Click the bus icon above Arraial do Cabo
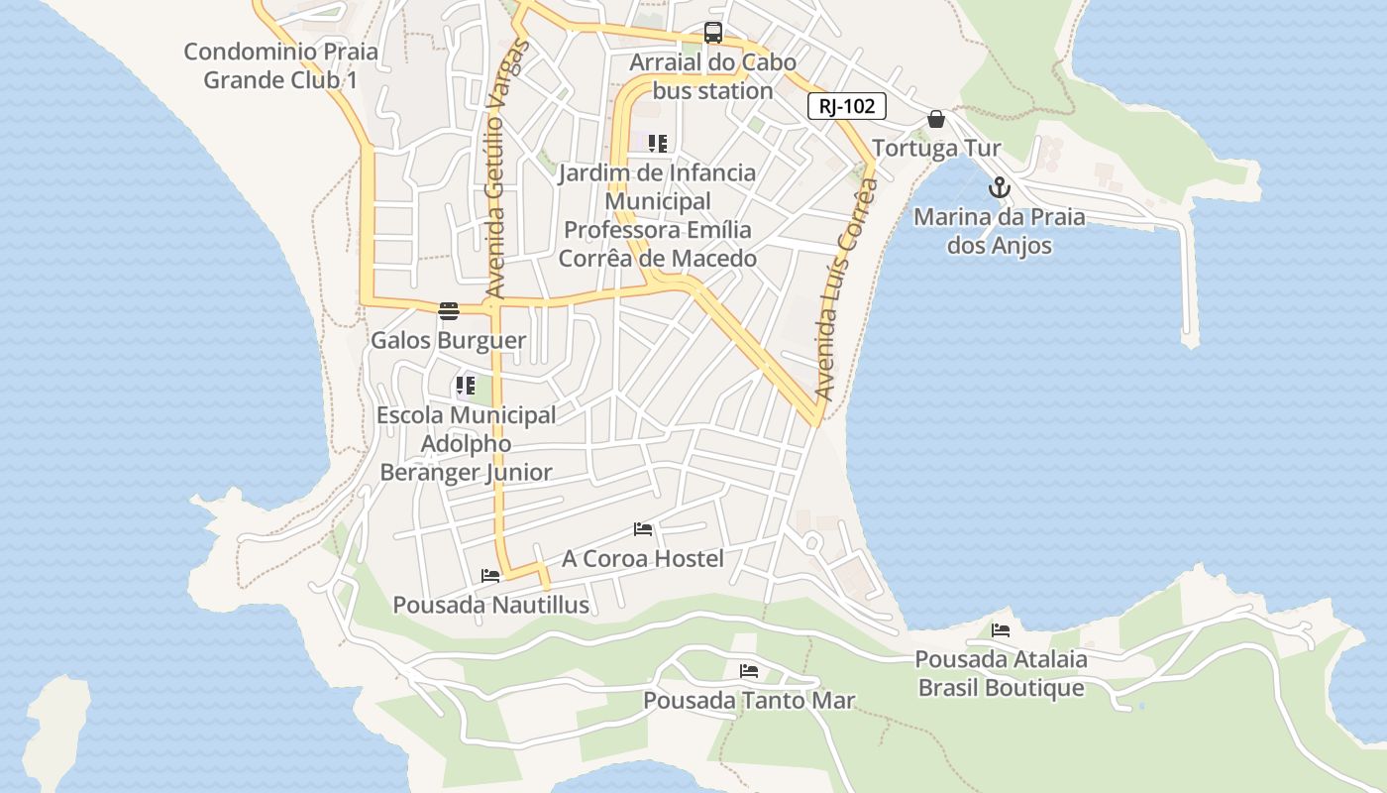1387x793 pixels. click(713, 33)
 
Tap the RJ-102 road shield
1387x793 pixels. click(847, 106)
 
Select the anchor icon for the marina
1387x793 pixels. click(1000, 187)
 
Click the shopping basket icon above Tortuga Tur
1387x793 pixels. click(936, 120)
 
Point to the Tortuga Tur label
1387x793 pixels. click(936, 149)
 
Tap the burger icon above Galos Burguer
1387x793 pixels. click(449, 311)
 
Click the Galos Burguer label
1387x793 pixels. click(448, 341)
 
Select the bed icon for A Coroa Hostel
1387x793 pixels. click(643, 529)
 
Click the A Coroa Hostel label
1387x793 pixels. click(643, 559)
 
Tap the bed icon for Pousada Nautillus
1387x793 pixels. click(490, 576)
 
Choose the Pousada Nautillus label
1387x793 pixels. click(491, 605)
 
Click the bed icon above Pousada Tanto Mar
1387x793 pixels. click(749, 671)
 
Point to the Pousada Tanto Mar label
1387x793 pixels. click(749, 701)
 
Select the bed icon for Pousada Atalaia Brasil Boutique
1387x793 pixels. click(1001, 630)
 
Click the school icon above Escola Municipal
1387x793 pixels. click(466, 386)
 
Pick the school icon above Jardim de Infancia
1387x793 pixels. click(658, 144)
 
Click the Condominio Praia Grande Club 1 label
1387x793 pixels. click(280, 65)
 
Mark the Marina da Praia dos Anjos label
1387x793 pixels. click(1000, 231)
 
